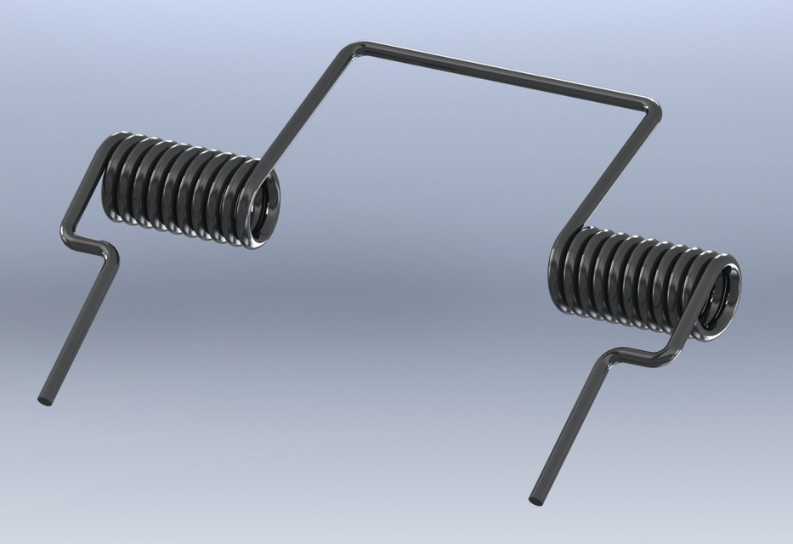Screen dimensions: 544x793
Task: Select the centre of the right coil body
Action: click(642, 280)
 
